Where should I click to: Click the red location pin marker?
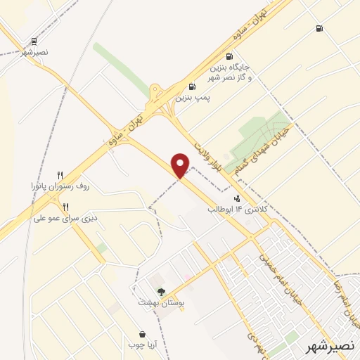click(x=181, y=165)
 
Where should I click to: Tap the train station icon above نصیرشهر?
click(x=34, y=41)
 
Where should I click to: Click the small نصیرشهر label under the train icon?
click(x=34, y=53)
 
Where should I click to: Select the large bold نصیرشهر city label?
click(x=333, y=347)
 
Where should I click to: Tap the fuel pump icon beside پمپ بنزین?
click(x=192, y=87)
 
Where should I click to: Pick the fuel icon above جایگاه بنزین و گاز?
click(x=229, y=56)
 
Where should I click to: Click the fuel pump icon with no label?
click(x=320, y=29)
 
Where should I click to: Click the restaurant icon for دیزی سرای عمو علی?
click(x=66, y=207)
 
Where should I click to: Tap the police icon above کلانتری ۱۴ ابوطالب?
click(x=237, y=199)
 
